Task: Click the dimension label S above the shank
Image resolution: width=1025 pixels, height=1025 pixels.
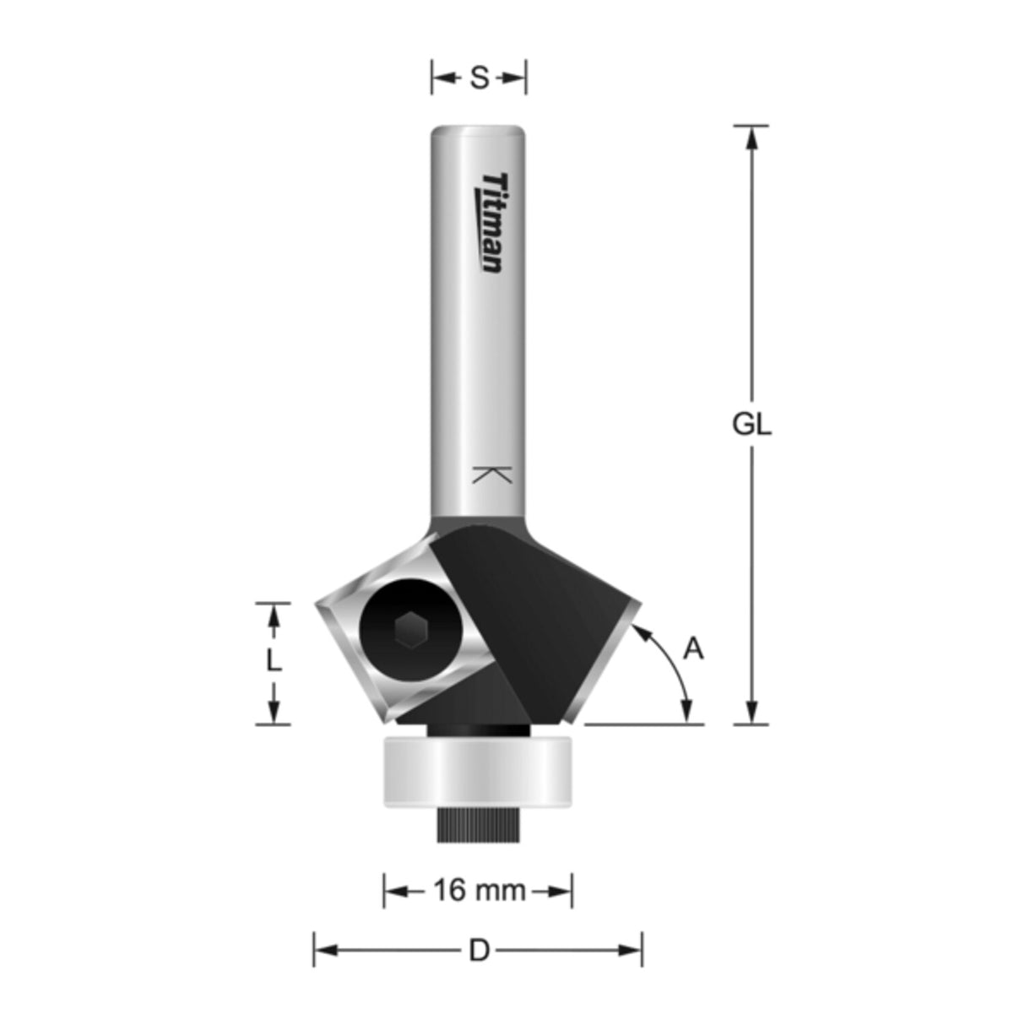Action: pos(479,79)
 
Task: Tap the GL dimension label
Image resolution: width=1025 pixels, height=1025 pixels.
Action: pos(751,425)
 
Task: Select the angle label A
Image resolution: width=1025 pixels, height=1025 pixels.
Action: pos(693,649)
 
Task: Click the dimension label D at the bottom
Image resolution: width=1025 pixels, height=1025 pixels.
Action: pos(479,951)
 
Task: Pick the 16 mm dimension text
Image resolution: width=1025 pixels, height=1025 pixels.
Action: pos(479,890)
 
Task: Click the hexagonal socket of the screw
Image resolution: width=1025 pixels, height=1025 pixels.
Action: pos(410,629)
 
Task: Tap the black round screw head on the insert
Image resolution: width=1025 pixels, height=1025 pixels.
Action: pos(410,629)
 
